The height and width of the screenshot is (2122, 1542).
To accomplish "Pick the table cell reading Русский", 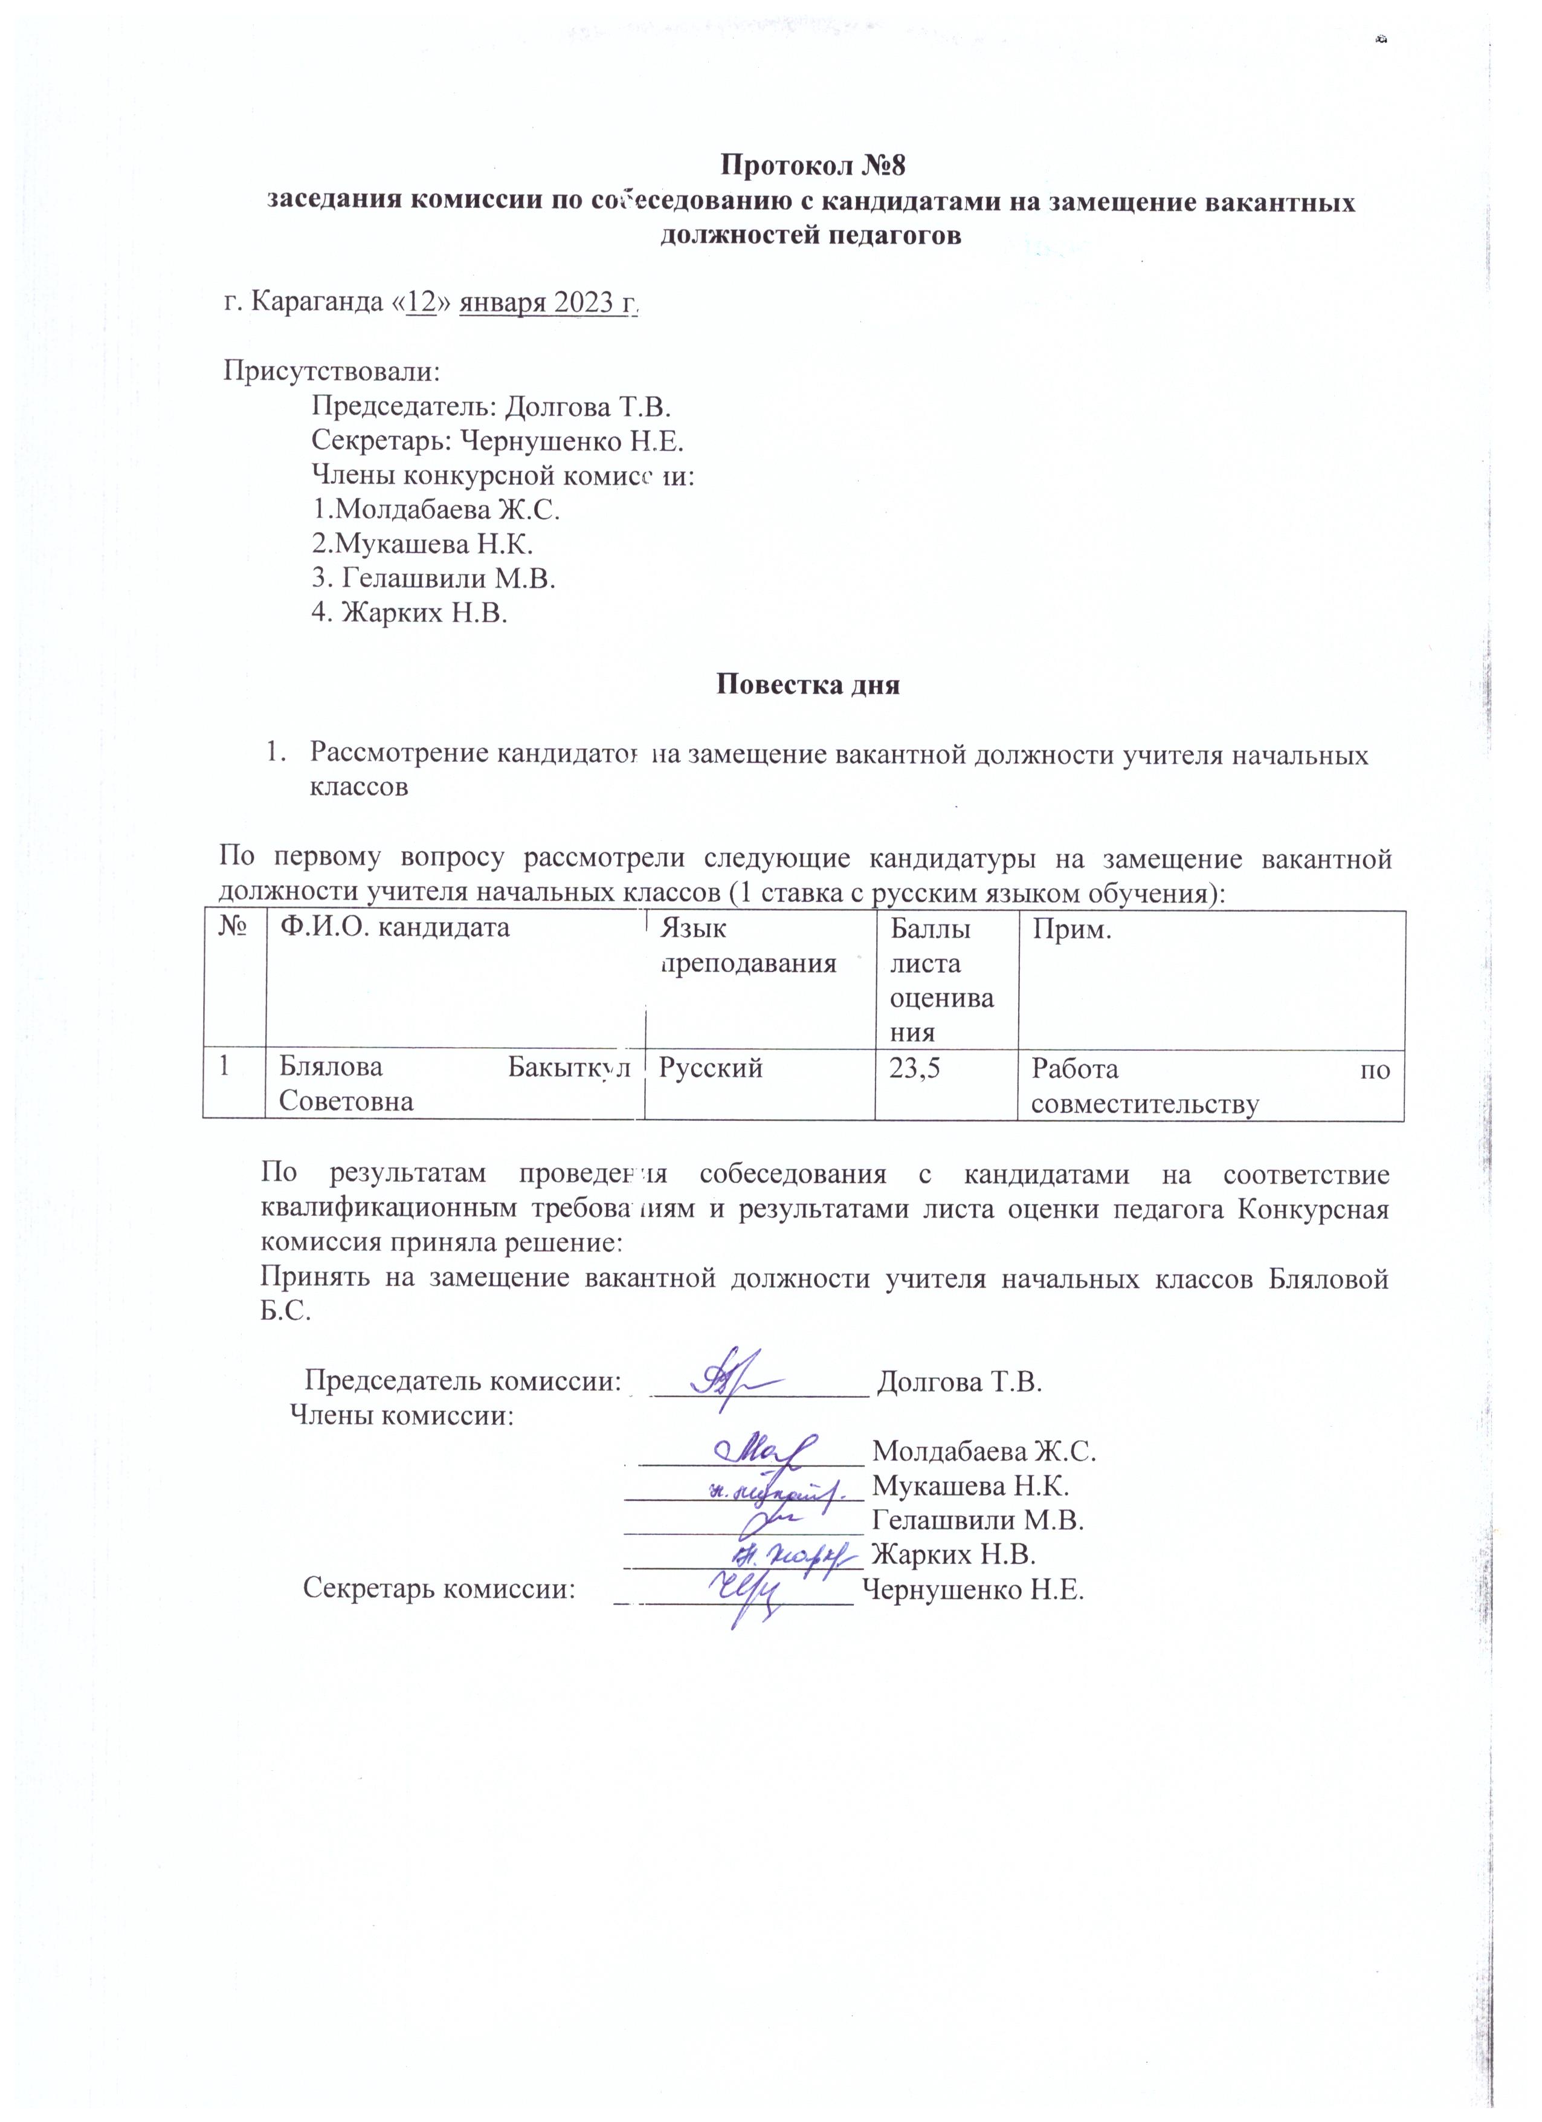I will (x=712, y=1068).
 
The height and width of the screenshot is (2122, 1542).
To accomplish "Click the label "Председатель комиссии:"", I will (x=464, y=1382).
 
